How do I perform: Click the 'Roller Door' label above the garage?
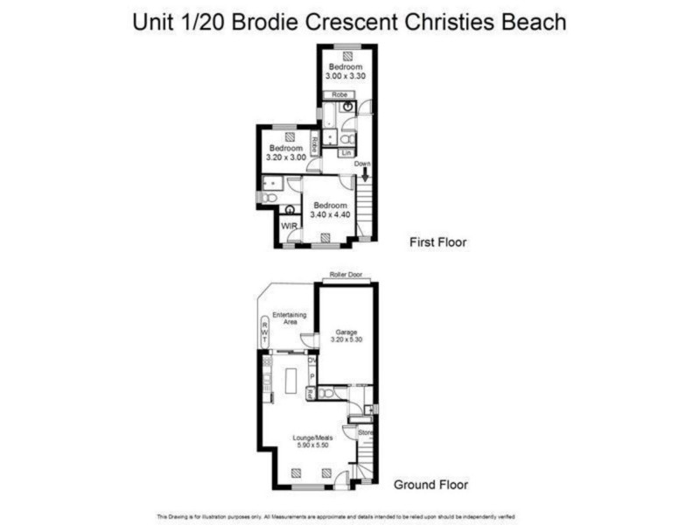(346, 276)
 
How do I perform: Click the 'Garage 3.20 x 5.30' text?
(346, 336)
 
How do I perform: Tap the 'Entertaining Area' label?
(288, 318)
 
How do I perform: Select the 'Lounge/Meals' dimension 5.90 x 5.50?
(310, 444)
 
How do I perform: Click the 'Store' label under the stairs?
(364, 431)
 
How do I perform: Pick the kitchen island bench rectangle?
(290, 381)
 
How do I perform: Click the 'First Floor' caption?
(437, 242)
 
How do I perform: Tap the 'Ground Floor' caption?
(430, 484)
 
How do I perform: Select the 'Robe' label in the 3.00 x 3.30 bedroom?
(339, 94)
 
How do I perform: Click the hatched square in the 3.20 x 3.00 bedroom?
(289, 136)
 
